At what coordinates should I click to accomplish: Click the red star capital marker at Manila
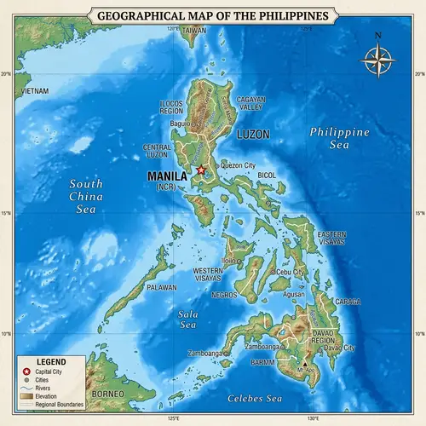click(x=201, y=170)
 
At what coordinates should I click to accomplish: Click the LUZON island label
click(x=252, y=135)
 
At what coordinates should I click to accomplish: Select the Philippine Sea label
click(x=339, y=139)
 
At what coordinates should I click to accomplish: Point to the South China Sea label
click(x=86, y=196)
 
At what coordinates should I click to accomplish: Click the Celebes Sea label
click(x=254, y=399)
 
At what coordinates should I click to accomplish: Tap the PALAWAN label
click(x=161, y=288)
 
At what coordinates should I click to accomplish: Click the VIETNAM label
click(x=35, y=90)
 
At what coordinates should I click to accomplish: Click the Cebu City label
click(x=291, y=272)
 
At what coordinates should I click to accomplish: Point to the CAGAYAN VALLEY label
click(x=250, y=104)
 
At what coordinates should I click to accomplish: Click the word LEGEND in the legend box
click(x=49, y=361)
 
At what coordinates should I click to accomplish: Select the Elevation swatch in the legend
click(x=26, y=396)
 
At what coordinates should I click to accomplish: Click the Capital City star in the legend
click(x=26, y=372)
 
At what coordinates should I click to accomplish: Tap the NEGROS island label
click(x=224, y=295)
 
